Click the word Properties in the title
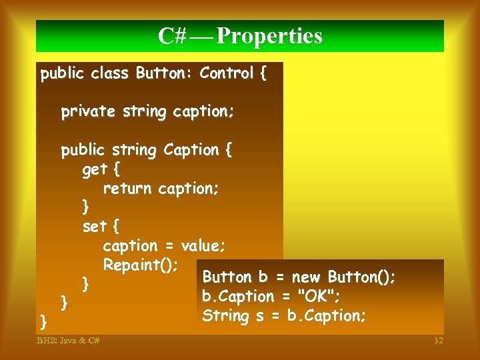[269, 36]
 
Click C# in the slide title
[172, 36]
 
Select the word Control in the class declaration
[227, 73]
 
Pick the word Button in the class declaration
[159, 73]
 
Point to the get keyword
[95, 170]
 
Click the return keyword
[127, 189]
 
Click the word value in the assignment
[200, 246]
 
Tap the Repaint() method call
[141, 265]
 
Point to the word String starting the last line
[224, 315]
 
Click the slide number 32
[438, 341]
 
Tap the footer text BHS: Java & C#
[68, 341]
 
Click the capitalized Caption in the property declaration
[190, 150]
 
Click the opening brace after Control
[262, 73]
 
